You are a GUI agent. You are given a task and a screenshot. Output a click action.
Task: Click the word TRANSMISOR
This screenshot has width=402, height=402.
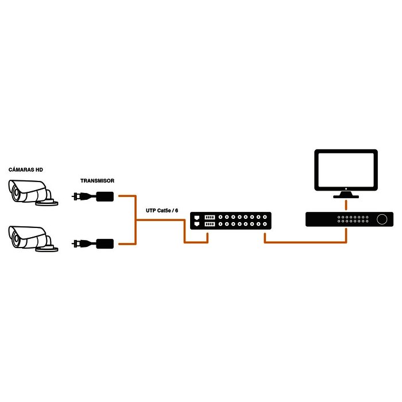97,180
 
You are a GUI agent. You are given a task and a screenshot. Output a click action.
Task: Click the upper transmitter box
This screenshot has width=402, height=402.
105,196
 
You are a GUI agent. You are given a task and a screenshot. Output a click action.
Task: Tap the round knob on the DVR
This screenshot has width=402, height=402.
381,219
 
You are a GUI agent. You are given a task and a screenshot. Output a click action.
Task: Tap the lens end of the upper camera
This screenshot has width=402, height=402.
15,191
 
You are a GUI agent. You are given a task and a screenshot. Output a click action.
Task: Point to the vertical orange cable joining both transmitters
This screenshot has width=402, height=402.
134,219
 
